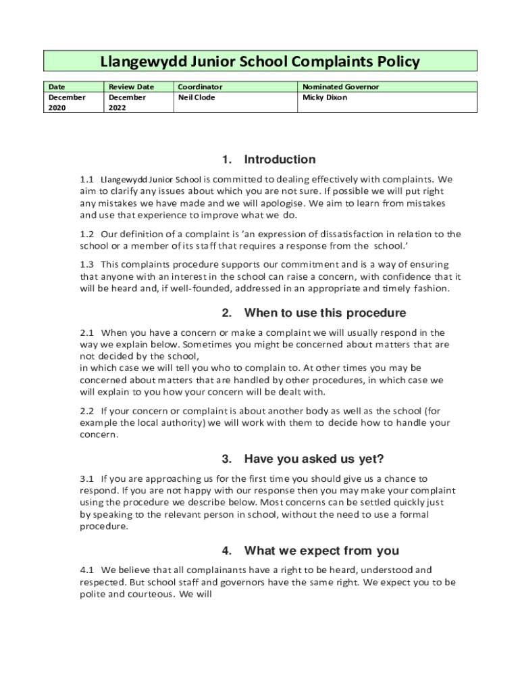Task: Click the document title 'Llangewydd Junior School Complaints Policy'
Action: [x=260, y=62]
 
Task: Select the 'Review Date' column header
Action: [x=131, y=87]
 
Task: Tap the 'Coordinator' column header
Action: [x=200, y=87]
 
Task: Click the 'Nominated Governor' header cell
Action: [x=340, y=87]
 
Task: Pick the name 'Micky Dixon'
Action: [x=325, y=97]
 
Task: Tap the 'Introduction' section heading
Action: [x=280, y=159]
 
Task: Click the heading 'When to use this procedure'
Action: [x=325, y=313]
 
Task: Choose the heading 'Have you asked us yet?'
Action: [x=314, y=460]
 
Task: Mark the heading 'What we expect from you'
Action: [x=321, y=550]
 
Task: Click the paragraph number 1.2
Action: [x=86, y=234]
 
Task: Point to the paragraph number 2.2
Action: [x=86, y=411]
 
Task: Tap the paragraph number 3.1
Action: [x=86, y=478]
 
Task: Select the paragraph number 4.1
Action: [x=86, y=570]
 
